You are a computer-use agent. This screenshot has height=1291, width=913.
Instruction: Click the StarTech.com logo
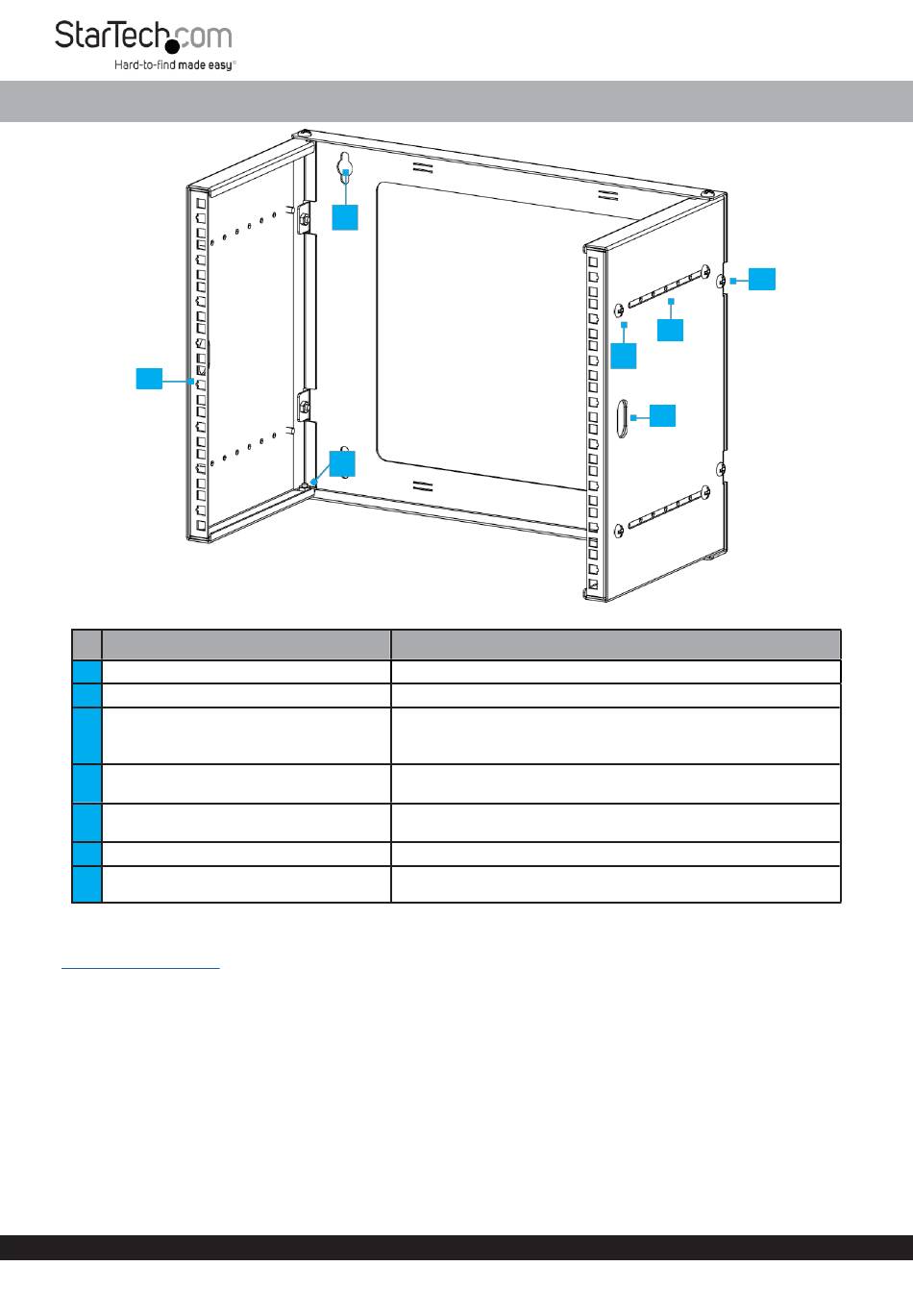point(144,44)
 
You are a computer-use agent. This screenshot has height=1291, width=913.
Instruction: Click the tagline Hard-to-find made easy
point(175,64)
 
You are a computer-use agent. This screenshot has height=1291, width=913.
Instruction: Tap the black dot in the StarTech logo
point(172,47)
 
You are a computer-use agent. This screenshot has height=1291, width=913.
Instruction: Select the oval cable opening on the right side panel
point(622,418)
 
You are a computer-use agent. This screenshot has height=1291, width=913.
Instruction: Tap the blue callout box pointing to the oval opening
point(662,415)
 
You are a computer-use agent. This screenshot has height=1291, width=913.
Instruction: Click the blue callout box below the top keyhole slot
point(345,217)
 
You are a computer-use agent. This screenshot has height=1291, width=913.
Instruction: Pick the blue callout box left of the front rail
point(149,379)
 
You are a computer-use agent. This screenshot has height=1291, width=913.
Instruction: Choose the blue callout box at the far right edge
point(761,279)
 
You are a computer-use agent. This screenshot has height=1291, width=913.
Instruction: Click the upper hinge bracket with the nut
point(304,218)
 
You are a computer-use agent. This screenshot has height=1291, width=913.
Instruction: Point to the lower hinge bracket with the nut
point(304,407)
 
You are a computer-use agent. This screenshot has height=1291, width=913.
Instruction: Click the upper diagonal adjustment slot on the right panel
point(668,287)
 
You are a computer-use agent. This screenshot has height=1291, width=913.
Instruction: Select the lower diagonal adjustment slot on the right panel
point(668,508)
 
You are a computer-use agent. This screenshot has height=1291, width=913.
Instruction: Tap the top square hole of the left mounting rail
point(201,204)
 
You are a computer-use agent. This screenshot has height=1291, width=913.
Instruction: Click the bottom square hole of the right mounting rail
point(593,584)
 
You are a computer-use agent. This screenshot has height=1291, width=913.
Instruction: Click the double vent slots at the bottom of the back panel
point(424,485)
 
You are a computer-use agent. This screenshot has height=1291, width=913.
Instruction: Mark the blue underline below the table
point(140,968)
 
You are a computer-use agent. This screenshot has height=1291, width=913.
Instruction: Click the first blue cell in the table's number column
point(87,672)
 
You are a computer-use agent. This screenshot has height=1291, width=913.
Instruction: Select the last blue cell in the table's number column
point(87,884)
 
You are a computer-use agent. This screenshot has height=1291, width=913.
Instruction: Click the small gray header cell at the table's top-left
point(87,644)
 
